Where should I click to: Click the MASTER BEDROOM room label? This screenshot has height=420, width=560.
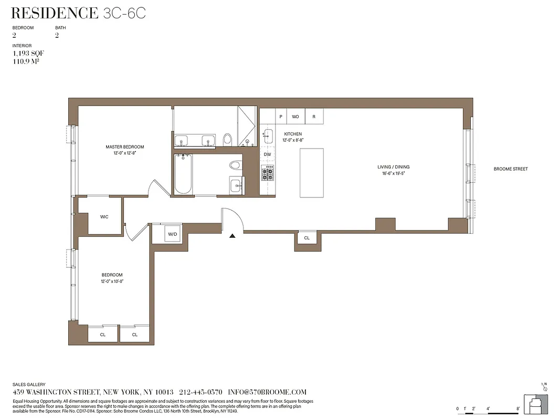(124, 147)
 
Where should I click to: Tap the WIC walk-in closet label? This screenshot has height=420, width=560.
(104, 217)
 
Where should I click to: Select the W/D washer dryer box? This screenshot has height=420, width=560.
(172, 234)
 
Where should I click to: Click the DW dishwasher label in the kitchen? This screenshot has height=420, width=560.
(267, 154)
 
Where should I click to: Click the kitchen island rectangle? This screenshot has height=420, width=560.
(311, 173)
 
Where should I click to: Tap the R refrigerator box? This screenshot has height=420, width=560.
(314, 117)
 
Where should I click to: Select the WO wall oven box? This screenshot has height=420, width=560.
(295, 117)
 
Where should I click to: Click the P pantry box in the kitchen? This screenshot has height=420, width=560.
(281, 117)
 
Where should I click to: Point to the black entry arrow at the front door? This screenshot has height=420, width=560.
(232, 236)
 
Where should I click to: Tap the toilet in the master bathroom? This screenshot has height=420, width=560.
(228, 139)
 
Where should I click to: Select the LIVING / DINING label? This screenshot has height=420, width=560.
(394, 167)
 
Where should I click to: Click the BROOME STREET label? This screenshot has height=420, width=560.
(510, 169)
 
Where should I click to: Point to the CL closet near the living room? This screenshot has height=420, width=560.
(307, 238)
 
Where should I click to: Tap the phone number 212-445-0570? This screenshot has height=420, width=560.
(201, 392)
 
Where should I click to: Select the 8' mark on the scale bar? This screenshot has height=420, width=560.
(517, 408)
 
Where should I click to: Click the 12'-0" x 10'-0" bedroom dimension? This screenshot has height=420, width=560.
(112, 281)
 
